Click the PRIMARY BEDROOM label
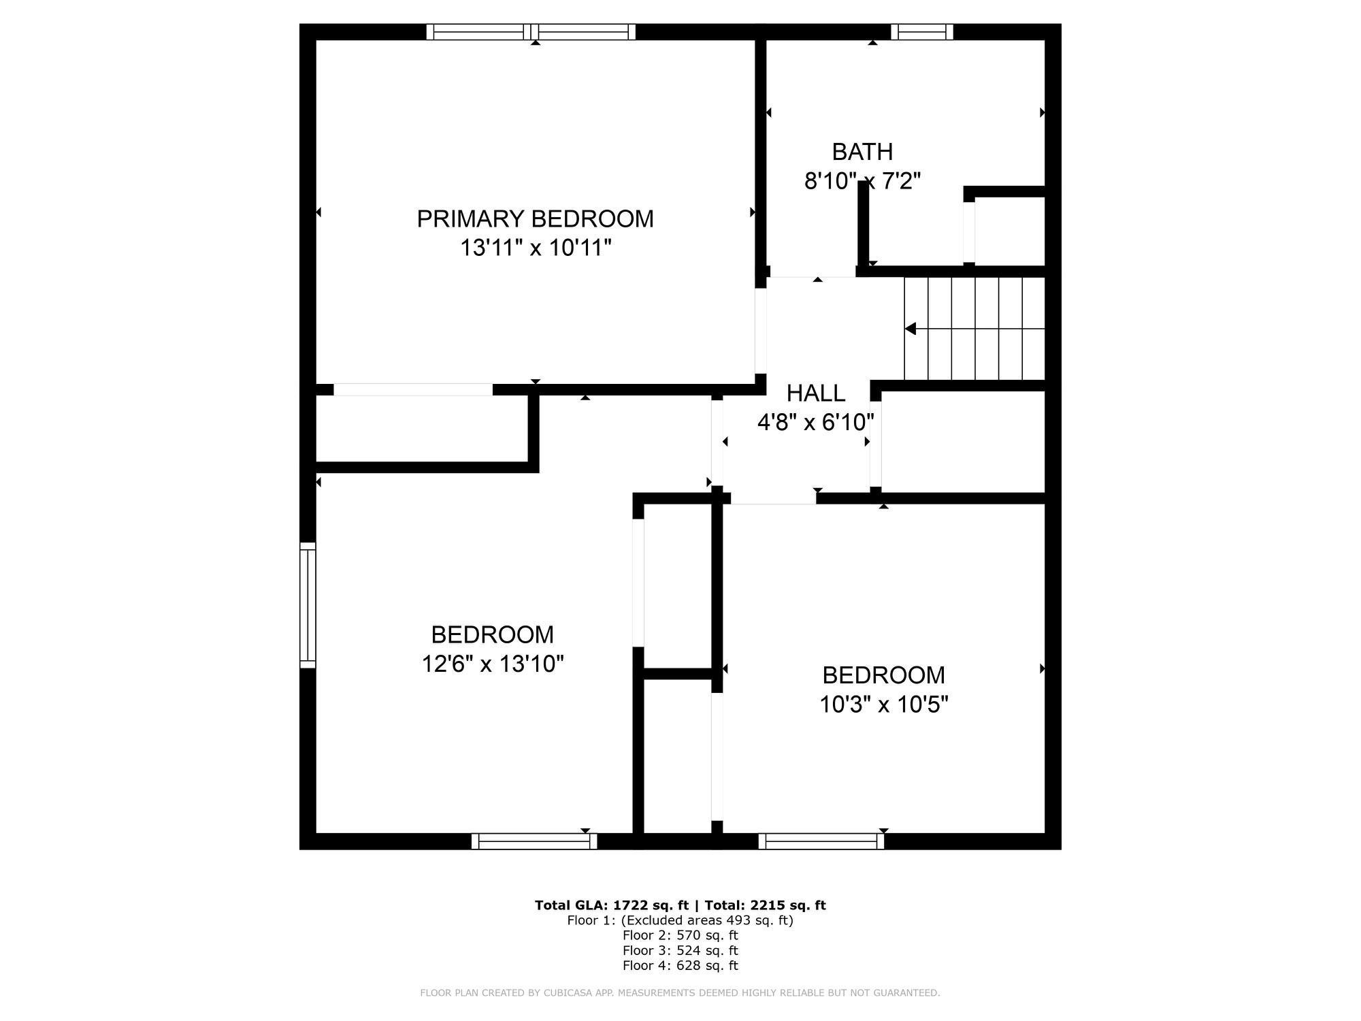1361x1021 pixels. pyautogui.click(x=535, y=218)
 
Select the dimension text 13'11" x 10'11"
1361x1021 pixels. pyautogui.click(x=536, y=248)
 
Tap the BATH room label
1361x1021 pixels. pyautogui.click(x=862, y=151)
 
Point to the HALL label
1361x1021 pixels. pyautogui.click(x=816, y=393)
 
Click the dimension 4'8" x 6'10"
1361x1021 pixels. pyautogui.click(x=816, y=423)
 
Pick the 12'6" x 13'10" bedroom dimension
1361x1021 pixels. pyautogui.click(x=493, y=664)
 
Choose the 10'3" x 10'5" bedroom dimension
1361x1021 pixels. pyautogui.click(x=883, y=704)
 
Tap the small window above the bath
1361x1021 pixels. pyautogui.click(x=922, y=32)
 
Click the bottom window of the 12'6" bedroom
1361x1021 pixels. pyautogui.click(x=534, y=841)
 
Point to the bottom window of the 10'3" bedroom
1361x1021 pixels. pyautogui.click(x=821, y=841)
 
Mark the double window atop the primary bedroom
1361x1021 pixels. pyautogui.click(x=531, y=32)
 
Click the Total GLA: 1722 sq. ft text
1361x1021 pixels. pyautogui.click(x=612, y=905)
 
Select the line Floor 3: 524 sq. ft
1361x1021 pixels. pyautogui.click(x=680, y=950)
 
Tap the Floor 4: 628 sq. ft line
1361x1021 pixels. pyautogui.click(x=680, y=965)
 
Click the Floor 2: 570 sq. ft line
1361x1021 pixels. pyautogui.click(x=680, y=935)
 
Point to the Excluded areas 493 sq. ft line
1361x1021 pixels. pyautogui.click(x=680, y=920)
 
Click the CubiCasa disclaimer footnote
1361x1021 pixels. pyautogui.click(x=680, y=993)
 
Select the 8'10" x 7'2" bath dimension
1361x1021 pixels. pyautogui.click(x=862, y=181)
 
